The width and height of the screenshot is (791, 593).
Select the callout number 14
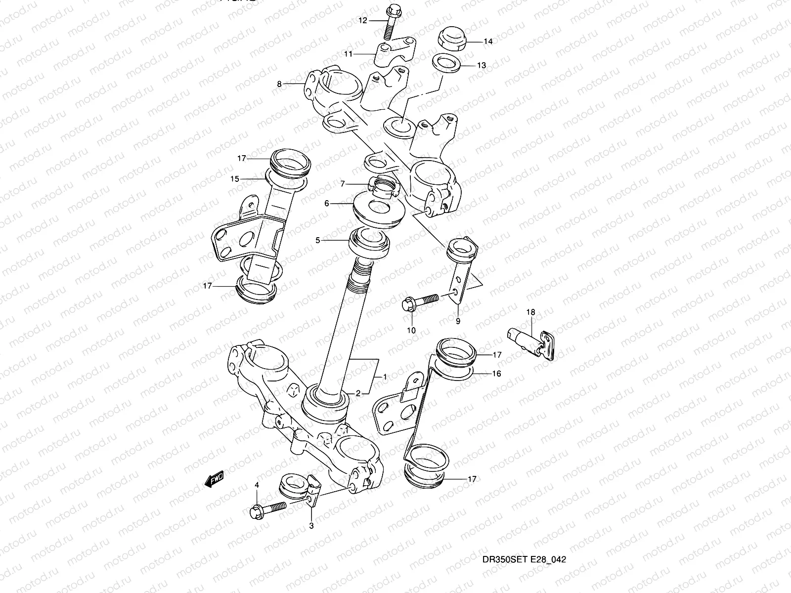click(x=487, y=42)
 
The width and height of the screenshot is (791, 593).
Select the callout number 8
click(x=279, y=85)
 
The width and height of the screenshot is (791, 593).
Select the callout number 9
click(x=458, y=321)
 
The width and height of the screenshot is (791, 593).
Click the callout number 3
click(x=311, y=526)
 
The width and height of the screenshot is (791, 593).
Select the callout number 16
click(x=497, y=374)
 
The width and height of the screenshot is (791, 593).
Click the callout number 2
click(x=357, y=394)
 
